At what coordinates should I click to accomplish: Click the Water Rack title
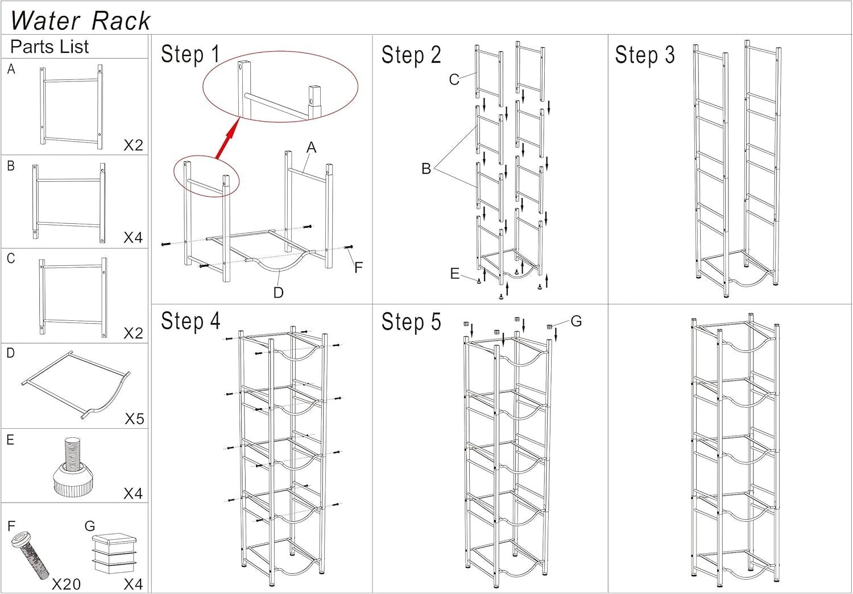80,20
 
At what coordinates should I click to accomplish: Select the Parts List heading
49,47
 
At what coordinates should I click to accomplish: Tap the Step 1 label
190,55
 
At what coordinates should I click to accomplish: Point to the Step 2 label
411,55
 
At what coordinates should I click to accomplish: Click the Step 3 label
644,55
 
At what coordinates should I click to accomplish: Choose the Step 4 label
190,321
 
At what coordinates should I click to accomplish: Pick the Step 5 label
411,321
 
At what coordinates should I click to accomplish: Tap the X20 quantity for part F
66,584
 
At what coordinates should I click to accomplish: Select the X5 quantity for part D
134,419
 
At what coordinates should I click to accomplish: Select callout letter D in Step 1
278,292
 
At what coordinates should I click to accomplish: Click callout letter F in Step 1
358,267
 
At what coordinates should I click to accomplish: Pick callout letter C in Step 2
454,80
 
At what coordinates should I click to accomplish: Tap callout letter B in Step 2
426,169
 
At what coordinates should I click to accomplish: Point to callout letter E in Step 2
454,274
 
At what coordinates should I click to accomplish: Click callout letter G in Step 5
576,321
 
